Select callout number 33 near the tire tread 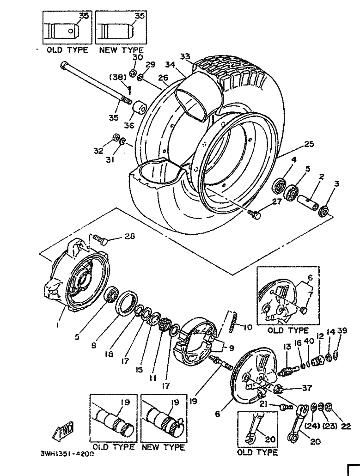coord(185,56)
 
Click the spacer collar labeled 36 coord(140,108)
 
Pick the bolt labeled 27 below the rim coord(254,214)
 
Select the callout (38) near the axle coord(118,78)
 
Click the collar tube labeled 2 coord(307,202)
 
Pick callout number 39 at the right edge coord(342,330)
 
